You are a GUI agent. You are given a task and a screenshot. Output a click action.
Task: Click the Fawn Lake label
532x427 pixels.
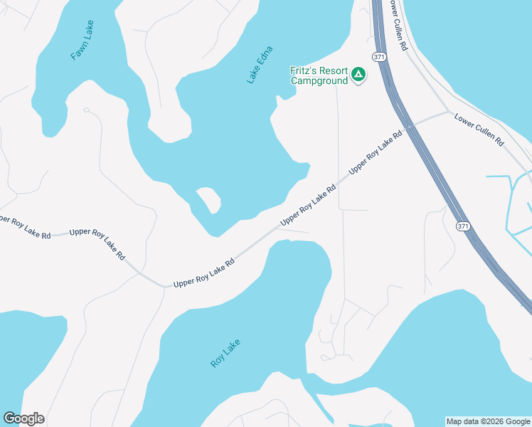point(82,40)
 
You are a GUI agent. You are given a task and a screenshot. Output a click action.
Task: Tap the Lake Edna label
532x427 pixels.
point(260,65)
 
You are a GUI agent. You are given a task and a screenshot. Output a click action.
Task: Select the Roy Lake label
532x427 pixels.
point(225,353)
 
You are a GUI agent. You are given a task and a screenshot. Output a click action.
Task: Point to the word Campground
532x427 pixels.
point(319,80)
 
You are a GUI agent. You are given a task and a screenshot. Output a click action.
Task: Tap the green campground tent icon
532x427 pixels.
point(359,75)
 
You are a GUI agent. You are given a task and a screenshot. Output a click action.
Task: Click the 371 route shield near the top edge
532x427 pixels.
point(378,55)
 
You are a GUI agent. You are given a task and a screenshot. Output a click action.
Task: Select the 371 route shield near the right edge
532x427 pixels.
point(463,226)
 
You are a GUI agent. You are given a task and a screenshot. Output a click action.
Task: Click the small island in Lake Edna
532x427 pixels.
point(208,199)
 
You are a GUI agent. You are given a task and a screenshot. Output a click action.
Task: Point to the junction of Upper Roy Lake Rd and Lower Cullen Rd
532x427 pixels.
point(447,112)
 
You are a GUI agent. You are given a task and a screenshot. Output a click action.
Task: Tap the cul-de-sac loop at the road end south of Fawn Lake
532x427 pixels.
point(86,110)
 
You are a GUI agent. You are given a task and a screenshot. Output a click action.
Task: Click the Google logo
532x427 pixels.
point(23,418)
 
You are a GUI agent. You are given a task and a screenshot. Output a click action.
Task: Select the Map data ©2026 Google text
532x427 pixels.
point(488,421)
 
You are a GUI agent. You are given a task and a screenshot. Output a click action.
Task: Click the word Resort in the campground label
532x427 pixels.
point(332,71)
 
